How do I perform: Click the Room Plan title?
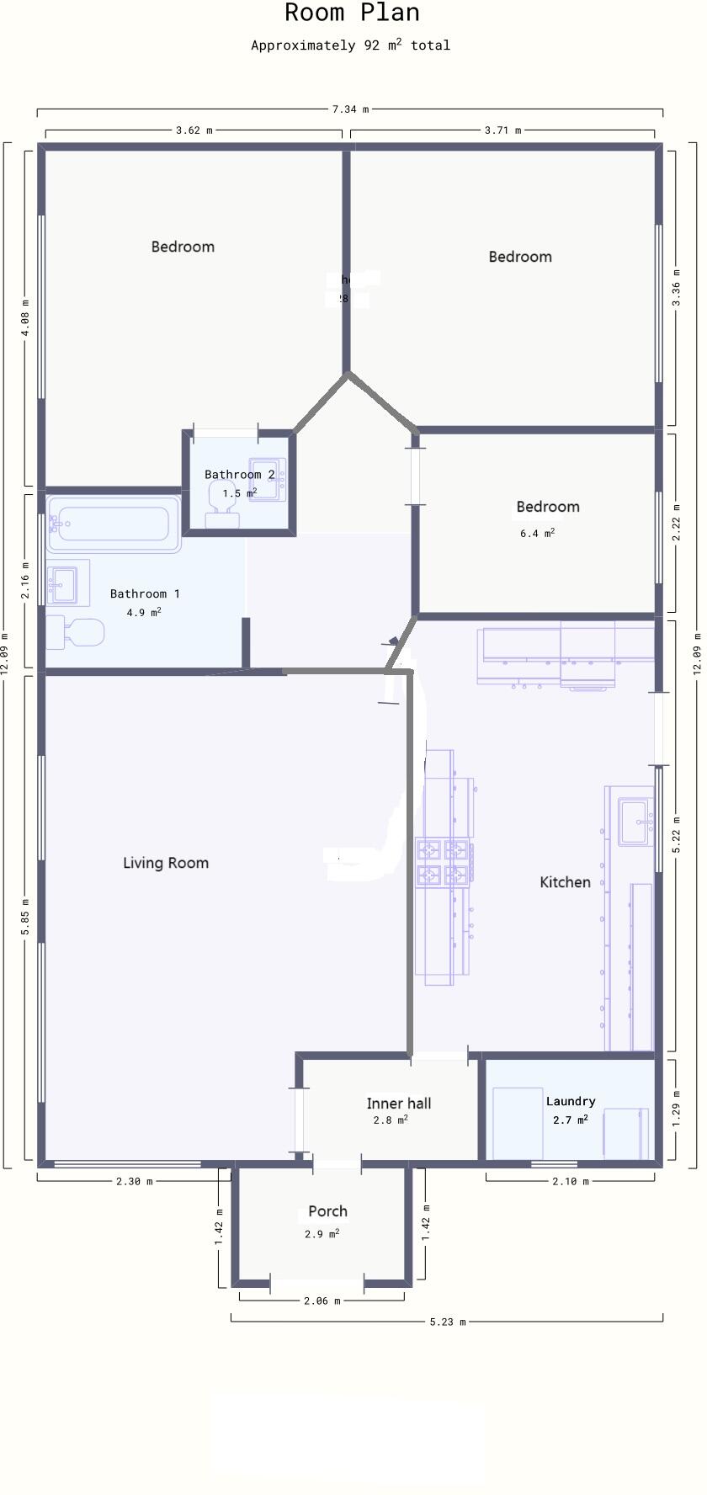(x=352, y=13)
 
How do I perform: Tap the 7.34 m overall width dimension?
(x=350, y=109)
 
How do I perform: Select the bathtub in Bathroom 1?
(x=114, y=524)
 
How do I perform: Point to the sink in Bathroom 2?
(x=268, y=480)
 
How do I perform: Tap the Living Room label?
(x=166, y=863)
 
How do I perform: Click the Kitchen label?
(x=565, y=882)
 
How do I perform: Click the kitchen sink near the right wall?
(x=635, y=822)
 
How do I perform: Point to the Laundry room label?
(x=571, y=1101)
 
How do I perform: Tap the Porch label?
(x=327, y=1211)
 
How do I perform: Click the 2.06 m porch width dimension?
(x=322, y=1301)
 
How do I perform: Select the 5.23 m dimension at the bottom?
(x=447, y=1322)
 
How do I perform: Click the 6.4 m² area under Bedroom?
(x=537, y=533)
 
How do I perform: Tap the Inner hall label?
(x=399, y=1104)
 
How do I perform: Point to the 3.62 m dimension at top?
(x=194, y=130)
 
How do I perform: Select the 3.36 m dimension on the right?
(x=677, y=288)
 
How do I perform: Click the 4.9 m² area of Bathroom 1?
(x=144, y=613)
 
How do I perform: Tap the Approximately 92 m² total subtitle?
(x=350, y=45)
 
